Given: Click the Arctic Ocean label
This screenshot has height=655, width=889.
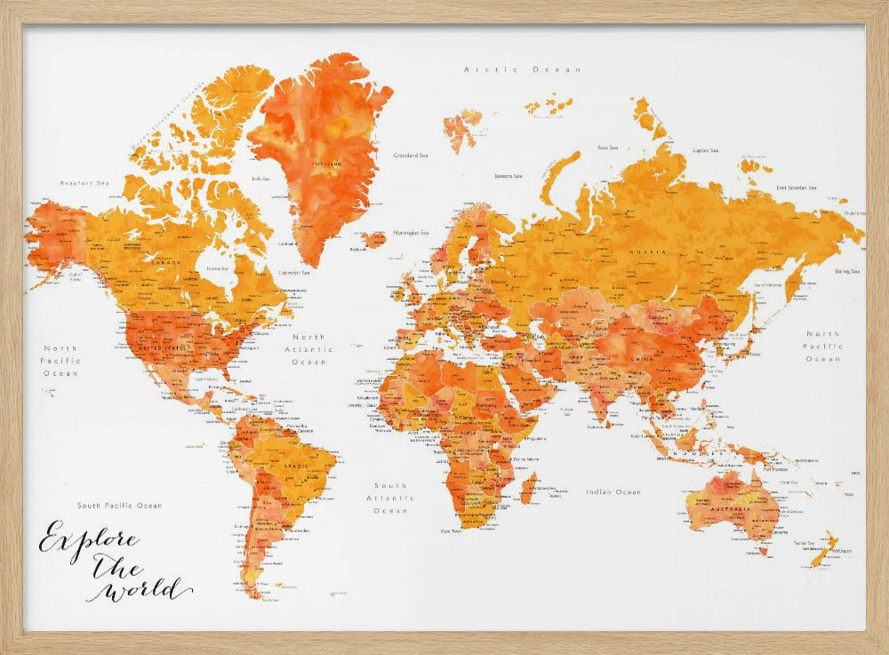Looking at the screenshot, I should (x=523, y=69).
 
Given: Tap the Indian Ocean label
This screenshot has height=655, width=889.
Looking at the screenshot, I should (x=613, y=491).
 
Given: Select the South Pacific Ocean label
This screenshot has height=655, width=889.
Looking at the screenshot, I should (x=119, y=505).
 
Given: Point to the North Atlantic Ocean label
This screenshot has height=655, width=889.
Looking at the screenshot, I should (x=310, y=349).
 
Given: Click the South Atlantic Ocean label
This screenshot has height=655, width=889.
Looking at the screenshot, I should (x=390, y=498).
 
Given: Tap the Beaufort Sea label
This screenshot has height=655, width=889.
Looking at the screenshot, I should (x=84, y=183).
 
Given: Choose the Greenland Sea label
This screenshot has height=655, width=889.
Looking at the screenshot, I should (x=412, y=155).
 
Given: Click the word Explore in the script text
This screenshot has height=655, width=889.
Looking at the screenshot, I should (x=87, y=540).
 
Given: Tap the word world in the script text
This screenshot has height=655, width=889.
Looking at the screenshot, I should (x=147, y=589).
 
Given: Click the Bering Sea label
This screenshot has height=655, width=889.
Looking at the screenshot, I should (x=847, y=271).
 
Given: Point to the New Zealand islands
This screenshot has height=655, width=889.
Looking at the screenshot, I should (x=823, y=548).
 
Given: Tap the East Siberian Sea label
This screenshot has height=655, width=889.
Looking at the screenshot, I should (x=797, y=188).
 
